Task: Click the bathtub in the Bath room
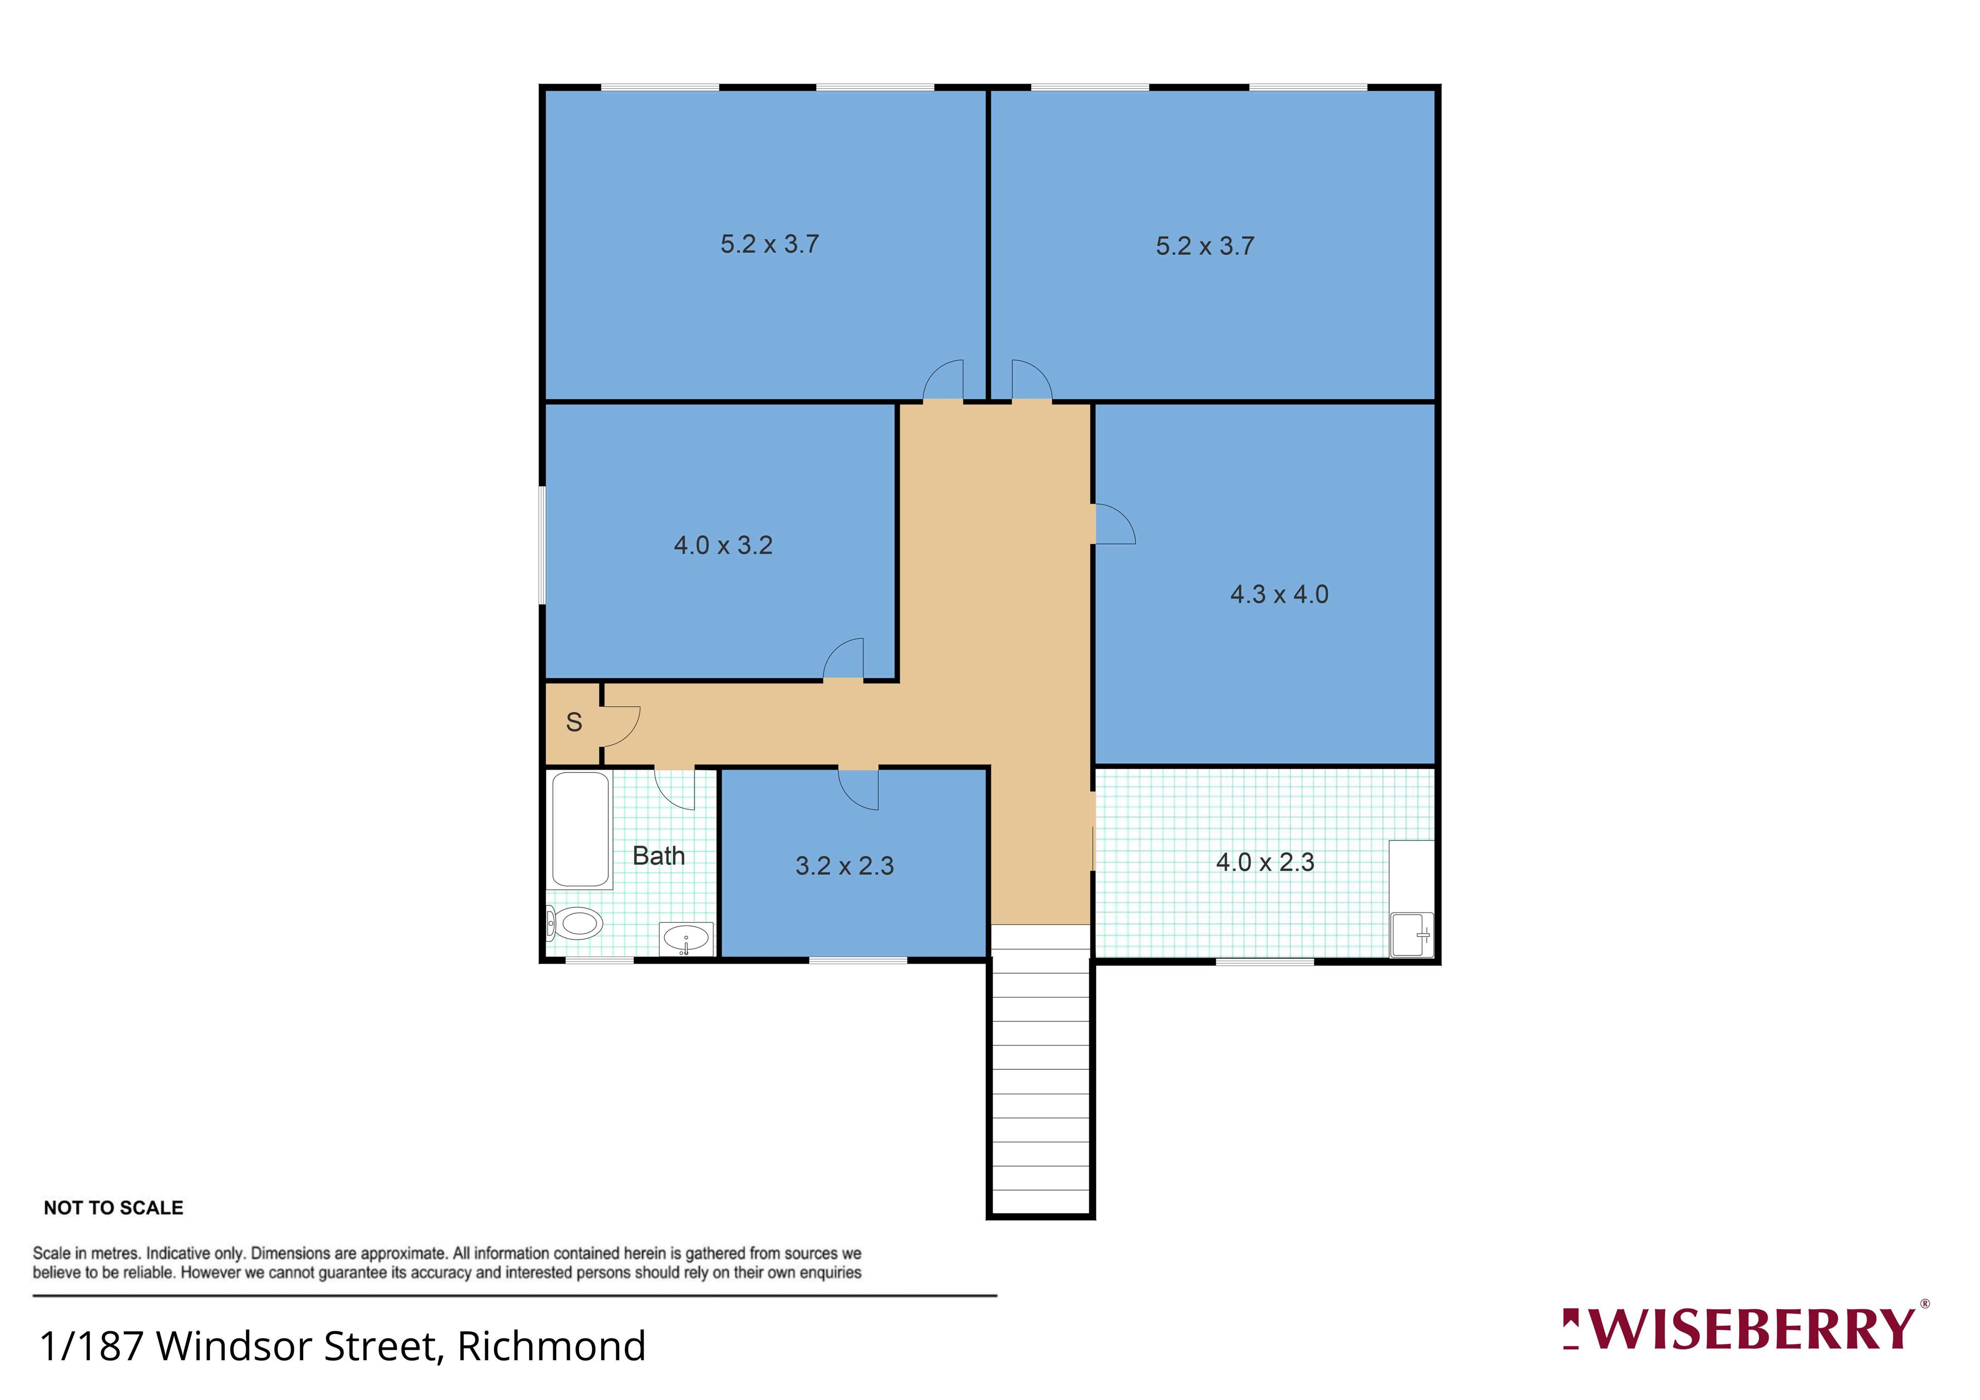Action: (581, 830)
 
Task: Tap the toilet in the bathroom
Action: (575, 924)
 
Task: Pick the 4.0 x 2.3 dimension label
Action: (1265, 862)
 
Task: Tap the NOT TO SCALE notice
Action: (114, 1208)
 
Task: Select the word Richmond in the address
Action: (551, 1346)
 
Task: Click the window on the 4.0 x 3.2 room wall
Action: (542, 545)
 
